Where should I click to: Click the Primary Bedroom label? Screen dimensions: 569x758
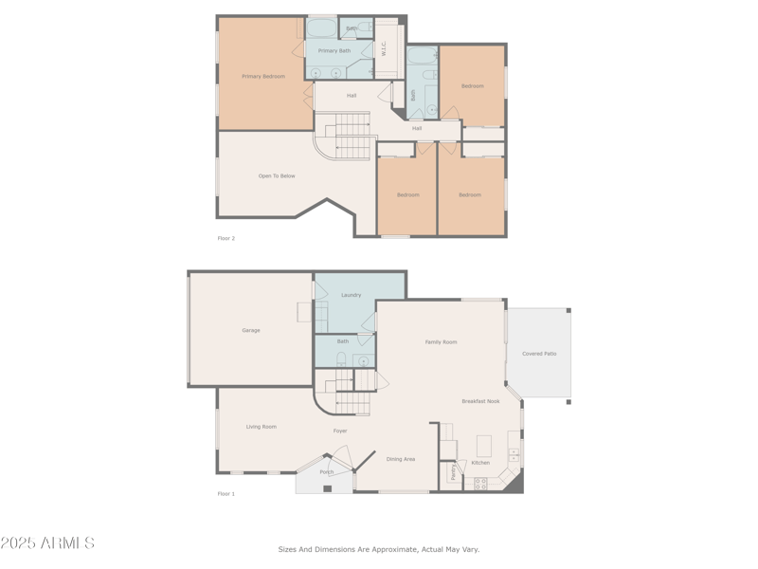(263, 77)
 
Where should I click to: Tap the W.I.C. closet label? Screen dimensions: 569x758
(384, 48)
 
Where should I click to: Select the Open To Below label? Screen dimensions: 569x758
(277, 176)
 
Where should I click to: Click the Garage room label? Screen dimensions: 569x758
(251, 331)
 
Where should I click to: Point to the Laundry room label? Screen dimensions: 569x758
(352, 295)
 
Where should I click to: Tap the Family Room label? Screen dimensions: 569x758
(441, 342)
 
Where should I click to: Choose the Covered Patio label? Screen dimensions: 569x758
(539, 354)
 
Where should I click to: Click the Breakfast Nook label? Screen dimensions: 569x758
(480, 401)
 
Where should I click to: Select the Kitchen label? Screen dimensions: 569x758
(480, 463)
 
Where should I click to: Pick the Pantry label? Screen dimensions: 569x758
(453, 472)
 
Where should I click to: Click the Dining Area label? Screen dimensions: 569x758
(401, 459)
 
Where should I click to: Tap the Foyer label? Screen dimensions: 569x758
(340, 431)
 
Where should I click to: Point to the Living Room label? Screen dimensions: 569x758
(262, 427)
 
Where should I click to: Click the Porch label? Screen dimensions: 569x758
(326, 472)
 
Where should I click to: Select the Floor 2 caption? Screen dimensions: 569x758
(226, 238)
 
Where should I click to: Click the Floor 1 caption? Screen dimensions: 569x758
(226, 494)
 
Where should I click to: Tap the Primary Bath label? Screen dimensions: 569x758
(334, 51)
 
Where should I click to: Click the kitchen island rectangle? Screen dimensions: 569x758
(483, 445)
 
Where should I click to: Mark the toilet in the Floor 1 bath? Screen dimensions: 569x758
(341, 359)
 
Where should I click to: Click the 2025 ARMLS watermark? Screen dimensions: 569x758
(47, 543)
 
